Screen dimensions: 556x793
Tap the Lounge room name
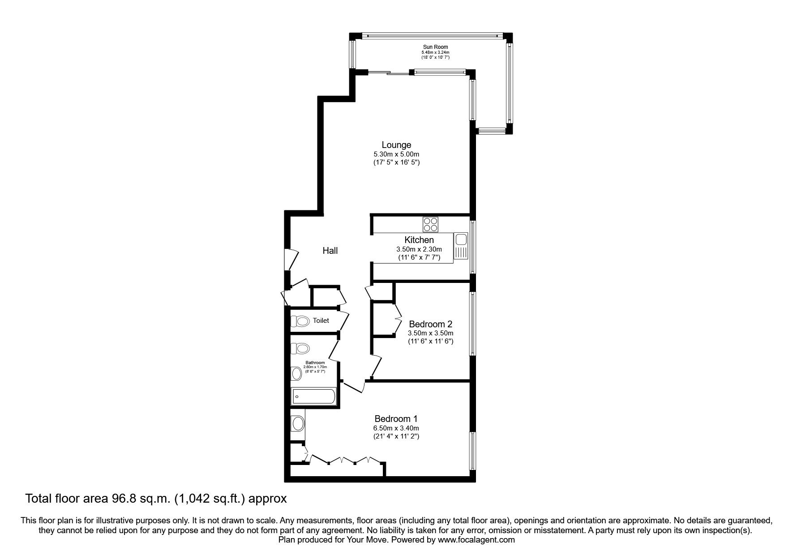tap(396, 145)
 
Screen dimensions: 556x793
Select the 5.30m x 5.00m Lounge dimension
tap(396, 154)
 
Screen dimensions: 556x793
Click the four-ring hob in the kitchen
tap(431, 223)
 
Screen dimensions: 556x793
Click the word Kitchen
tap(419, 240)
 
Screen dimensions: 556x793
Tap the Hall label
tap(330, 251)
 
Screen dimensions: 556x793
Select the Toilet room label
tap(321, 320)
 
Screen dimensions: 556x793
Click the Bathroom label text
tap(315, 362)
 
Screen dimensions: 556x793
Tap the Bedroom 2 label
tap(430, 324)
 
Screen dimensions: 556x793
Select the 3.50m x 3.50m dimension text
tap(430, 333)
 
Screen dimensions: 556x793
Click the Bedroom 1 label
tap(396, 419)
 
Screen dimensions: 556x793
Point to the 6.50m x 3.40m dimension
tap(396, 428)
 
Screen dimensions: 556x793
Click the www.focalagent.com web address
tap(476, 540)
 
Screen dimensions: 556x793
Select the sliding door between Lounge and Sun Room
tap(390, 72)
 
